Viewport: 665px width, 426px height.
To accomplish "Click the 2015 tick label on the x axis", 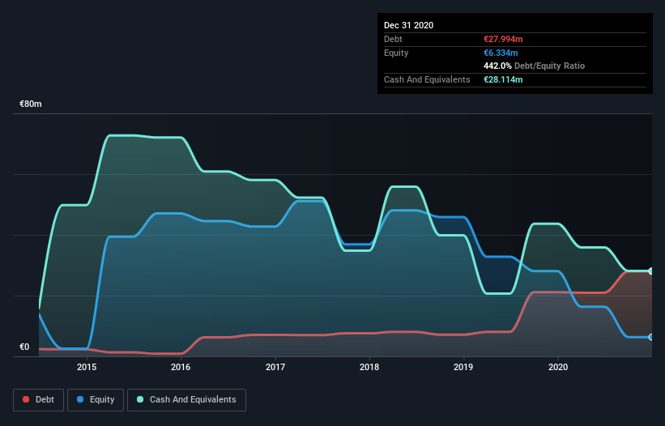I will pyautogui.click(x=87, y=367).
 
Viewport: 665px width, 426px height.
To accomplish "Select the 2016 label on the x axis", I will pyautogui.click(x=181, y=367).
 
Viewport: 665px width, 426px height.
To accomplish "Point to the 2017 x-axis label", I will pyautogui.click(x=275, y=367).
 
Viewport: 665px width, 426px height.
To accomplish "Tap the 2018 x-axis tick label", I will pyautogui.click(x=369, y=367).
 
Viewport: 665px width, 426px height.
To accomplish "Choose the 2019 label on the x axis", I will pyautogui.click(x=464, y=367).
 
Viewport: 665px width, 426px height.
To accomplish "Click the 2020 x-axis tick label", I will pyautogui.click(x=558, y=367).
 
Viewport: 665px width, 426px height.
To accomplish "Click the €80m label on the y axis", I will pyautogui.click(x=31, y=104).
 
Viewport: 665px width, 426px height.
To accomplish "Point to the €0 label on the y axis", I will pyautogui.click(x=24, y=347).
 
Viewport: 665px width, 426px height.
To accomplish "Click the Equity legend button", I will pyautogui.click(x=96, y=399).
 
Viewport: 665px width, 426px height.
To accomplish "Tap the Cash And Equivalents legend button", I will pyautogui.click(x=186, y=399).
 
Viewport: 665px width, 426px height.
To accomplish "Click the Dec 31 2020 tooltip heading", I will pyautogui.click(x=408, y=25).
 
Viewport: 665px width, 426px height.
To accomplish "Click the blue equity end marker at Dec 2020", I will pyautogui.click(x=651, y=337).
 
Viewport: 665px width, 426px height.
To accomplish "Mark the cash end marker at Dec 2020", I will pyautogui.click(x=651, y=271).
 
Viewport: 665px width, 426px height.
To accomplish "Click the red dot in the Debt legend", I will pyautogui.click(x=27, y=399).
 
